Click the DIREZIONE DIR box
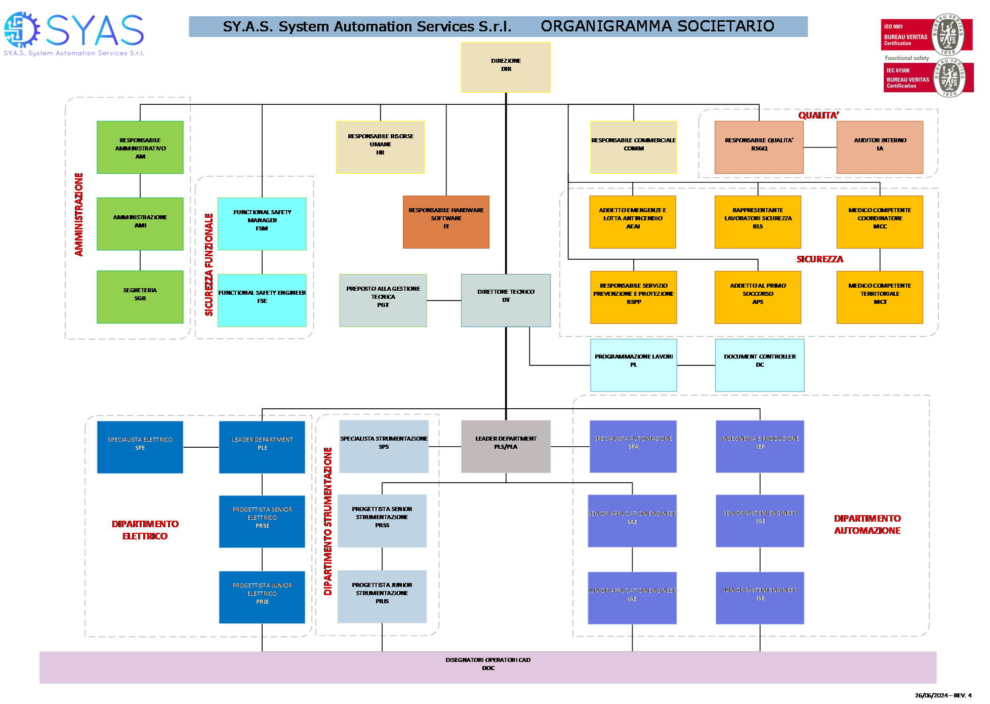click(x=506, y=67)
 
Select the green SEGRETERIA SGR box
click(x=140, y=297)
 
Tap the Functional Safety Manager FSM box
click(x=262, y=223)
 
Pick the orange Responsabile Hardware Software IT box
click(x=446, y=222)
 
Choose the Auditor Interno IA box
click(x=880, y=147)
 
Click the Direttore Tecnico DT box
click(x=506, y=300)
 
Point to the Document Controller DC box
click(x=759, y=365)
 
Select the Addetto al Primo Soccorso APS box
click(x=758, y=297)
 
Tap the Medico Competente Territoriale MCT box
click(x=880, y=297)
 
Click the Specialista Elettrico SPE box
click(x=140, y=447)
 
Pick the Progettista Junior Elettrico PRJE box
click(x=262, y=597)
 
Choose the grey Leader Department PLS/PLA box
click(x=506, y=446)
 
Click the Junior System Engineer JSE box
click(x=760, y=598)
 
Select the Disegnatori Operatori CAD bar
click(x=488, y=667)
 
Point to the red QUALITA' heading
click(x=818, y=115)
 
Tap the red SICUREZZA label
click(x=820, y=259)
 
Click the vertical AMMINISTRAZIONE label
click(x=79, y=214)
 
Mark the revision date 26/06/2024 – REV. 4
click(x=943, y=695)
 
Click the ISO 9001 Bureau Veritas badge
click(x=926, y=34)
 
